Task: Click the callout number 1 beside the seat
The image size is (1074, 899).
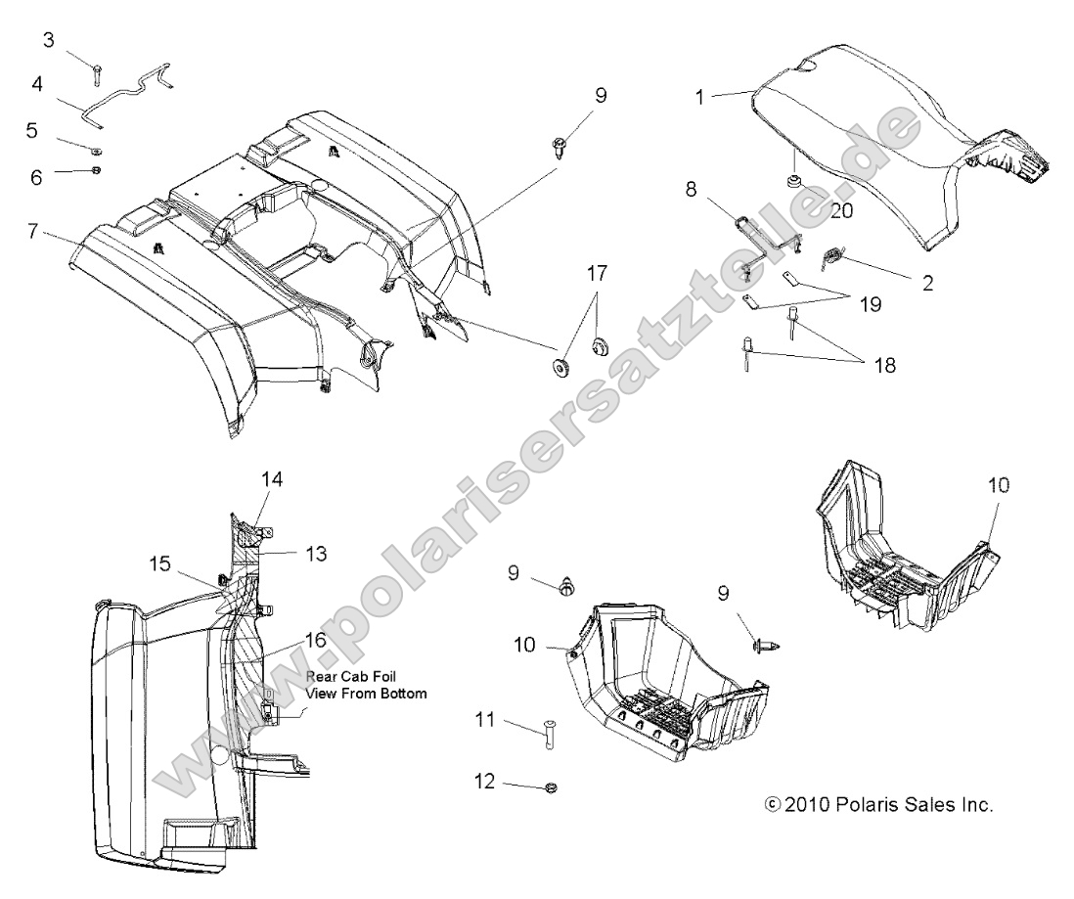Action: pos(699,97)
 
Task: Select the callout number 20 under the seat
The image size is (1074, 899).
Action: pos(841,209)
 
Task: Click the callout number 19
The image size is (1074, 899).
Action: pos(869,304)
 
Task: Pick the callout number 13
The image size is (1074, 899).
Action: pos(315,553)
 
